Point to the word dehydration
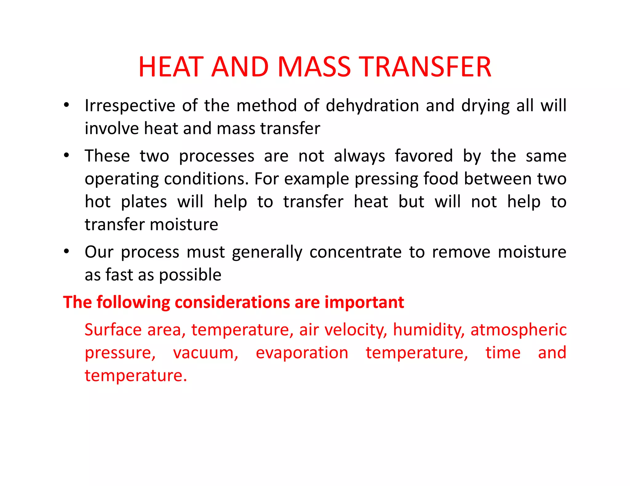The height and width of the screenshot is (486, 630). pos(372,106)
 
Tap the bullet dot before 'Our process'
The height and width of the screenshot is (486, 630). pos(66,251)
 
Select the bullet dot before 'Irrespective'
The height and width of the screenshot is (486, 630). pos(66,105)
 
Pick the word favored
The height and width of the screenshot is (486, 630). pos(424,156)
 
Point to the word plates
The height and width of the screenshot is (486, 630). pos(144,202)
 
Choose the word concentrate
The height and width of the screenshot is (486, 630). pos(355,252)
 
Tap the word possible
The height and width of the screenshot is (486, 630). pos(190,275)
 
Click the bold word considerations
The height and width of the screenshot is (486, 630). pos(233,302)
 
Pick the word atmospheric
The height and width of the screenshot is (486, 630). pos(518,330)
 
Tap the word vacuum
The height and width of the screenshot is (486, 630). pos(205,353)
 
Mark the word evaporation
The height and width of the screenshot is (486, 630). pos(302,353)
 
